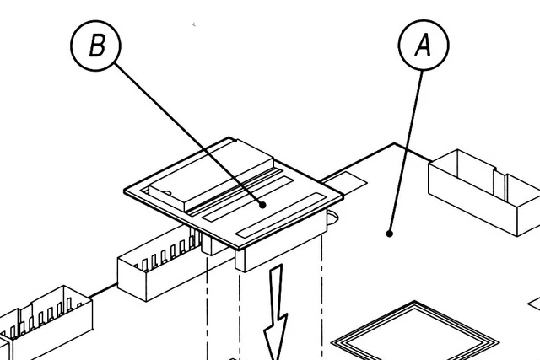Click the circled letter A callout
tap(423, 46)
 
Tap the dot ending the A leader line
tap(390, 233)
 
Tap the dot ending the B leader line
tap(262, 203)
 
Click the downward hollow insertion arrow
tap(276, 316)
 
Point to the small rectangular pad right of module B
tap(347, 180)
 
